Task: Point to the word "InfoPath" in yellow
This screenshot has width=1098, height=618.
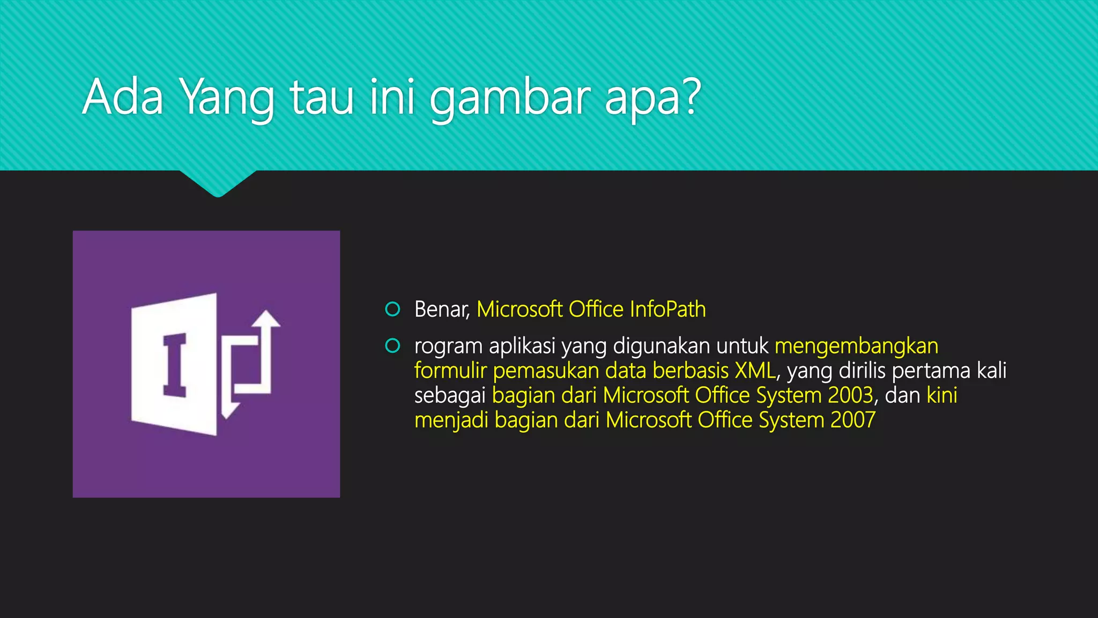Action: click(x=667, y=309)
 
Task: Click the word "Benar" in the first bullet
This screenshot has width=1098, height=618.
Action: click(x=441, y=310)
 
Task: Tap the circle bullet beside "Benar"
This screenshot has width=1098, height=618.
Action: click(x=392, y=309)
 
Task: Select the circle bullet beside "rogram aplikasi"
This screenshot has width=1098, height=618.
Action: click(x=392, y=346)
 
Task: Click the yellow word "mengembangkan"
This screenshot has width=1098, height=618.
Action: click(x=856, y=347)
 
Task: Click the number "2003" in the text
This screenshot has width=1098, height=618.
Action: click(x=850, y=395)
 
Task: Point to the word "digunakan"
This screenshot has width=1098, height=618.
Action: click(x=662, y=347)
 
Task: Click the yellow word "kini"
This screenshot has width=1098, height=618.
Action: click(x=941, y=395)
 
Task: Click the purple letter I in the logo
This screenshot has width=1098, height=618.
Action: click(x=175, y=365)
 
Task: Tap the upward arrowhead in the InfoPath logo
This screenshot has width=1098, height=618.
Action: click(x=266, y=319)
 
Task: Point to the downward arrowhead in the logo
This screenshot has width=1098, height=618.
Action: click(x=229, y=410)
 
